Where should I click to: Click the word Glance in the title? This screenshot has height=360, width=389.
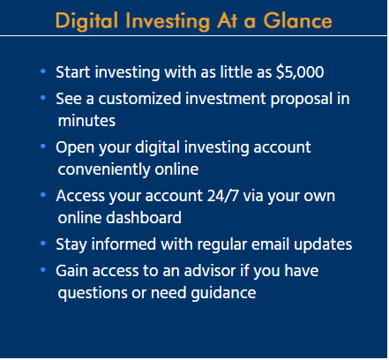pyautogui.click(x=297, y=20)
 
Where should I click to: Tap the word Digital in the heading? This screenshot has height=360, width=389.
pyautogui.click(x=86, y=21)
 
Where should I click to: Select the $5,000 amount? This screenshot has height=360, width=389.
pyautogui.click(x=300, y=72)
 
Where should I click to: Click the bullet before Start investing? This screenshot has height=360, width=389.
pyautogui.click(x=43, y=71)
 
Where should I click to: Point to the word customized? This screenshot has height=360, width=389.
pyautogui.click(x=139, y=99)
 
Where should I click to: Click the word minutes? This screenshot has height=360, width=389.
pyautogui.click(x=86, y=121)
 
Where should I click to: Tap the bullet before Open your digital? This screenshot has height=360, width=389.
pyautogui.click(x=43, y=146)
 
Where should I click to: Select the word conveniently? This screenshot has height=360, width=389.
pyautogui.click(x=104, y=169)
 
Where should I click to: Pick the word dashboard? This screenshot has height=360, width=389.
pyautogui.click(x=144, y=218)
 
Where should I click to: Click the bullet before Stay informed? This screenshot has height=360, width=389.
pyautogui.click(x=43, y=244)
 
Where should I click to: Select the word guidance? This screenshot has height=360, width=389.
pyautogui.click(x=223, y=294)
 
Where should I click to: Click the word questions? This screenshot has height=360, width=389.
pyautogui.click(x=93, y=294)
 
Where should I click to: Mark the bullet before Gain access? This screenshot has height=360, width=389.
pyautogui.click(x=43, y=270)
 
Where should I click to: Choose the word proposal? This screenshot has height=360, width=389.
pyautogui.click(x=302, y=100)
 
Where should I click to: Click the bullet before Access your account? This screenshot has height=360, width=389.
pyautogui.click(x=43, y=194)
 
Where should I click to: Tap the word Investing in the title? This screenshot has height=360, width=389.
pyautogui.click(x=168, y=22)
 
